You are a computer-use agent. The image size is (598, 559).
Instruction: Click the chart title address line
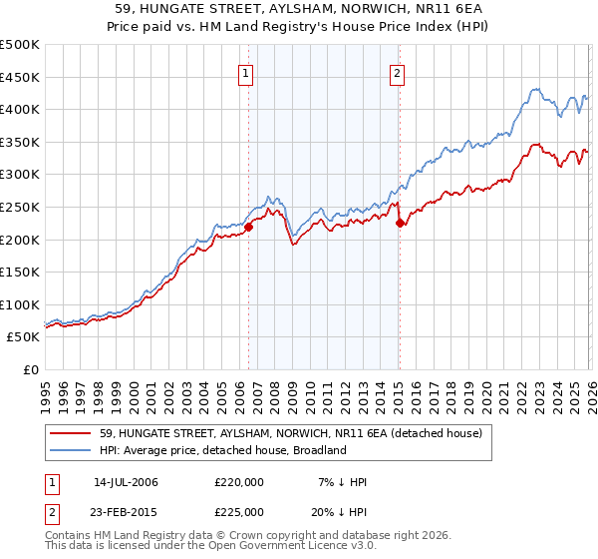pyautogui.click(x=299, y=9)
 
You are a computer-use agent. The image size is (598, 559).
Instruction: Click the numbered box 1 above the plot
pyautogui.click(x=245, y=72)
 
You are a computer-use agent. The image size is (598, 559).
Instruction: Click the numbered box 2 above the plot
pyautogui.click(x=397, y=72)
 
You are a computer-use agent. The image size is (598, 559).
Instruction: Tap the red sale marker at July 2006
pyautogui.click(x=248, y=227)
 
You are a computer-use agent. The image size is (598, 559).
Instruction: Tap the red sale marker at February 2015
pyautogui.click(x=400, y=224)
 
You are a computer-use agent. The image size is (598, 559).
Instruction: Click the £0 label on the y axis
pyautogui.click(x=30, y=370)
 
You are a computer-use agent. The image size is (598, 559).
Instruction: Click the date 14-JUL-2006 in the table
pyautogui.click(x=126, y=483)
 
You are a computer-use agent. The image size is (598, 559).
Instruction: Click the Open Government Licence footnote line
pyautogui.click(x=198, y=548)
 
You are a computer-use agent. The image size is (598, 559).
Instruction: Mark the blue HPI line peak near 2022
pyautogui.click(x=534, y=90)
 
